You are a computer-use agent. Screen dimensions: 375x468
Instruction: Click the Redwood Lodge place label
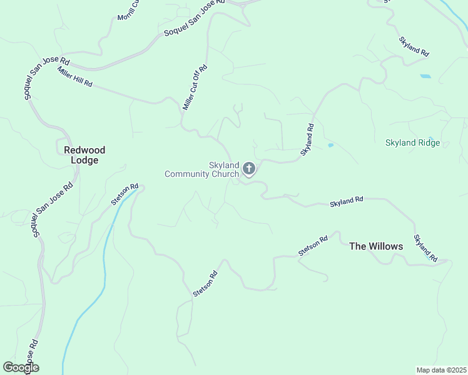click(84, 155)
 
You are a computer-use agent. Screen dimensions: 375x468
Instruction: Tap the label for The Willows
click(376, 246)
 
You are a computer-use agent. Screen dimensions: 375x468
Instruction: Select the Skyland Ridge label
click(412, 143)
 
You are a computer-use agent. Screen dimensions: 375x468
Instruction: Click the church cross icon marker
click(249, 168)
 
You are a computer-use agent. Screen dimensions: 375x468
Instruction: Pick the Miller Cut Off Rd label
click(195, 88)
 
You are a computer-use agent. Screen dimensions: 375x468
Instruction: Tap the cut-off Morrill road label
click(129, 9)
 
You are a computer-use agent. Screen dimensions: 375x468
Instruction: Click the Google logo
click(21, 367)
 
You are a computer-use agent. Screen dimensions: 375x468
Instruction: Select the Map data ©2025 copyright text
click(440, 369)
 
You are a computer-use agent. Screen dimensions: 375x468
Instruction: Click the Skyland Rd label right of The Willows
click(425, 247)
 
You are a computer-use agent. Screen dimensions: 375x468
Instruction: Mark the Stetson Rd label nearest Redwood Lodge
click(124, 195)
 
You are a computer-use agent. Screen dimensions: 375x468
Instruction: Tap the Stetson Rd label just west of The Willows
click(313, 246)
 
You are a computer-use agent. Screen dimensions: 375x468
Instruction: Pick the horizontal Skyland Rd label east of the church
click(346, 201)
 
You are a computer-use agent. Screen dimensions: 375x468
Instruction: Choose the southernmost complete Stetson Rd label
click(205, 283)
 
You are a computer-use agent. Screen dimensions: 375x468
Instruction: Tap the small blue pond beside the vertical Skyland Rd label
click(330, 146)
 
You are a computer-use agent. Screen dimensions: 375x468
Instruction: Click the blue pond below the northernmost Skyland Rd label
click(425, 76)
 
